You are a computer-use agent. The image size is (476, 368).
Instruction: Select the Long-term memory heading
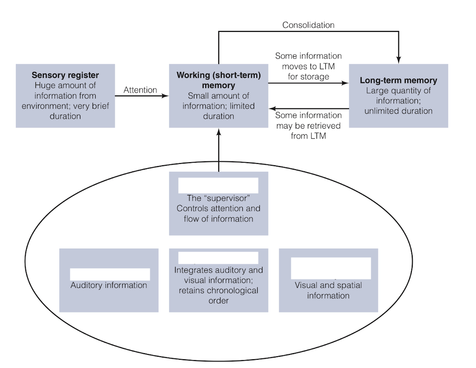click(x=398, y=81)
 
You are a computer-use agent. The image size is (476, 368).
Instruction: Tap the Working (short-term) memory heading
click(x=218, y=80)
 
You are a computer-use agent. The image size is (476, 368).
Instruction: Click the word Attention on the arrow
click(x=140, y=90)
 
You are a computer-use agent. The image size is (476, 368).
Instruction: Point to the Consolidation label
click(x=308, y=25)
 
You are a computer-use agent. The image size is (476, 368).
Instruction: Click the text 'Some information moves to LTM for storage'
click(x=308, y=66)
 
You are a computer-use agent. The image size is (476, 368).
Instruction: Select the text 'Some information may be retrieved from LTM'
click(x=308, y=126)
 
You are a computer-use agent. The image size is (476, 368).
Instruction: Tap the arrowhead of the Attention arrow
click(x=166, y=96)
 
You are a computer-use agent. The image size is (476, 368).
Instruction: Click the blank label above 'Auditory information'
click(x=110, y=274)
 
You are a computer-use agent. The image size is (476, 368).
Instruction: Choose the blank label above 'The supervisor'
click(x=218, y=185)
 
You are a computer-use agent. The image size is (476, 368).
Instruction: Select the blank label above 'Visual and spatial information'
click(x=331, y=268)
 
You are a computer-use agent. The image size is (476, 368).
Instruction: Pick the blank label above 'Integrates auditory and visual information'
click(x=218, y=258)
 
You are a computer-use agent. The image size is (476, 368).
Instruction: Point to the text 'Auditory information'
click(x=109, y=286)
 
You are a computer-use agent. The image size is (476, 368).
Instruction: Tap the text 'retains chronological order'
click(x=218, y=295)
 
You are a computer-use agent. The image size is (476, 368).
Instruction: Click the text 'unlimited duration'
click(x=398, y=111)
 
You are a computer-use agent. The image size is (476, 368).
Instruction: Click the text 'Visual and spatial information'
click(x=328, y=291)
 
